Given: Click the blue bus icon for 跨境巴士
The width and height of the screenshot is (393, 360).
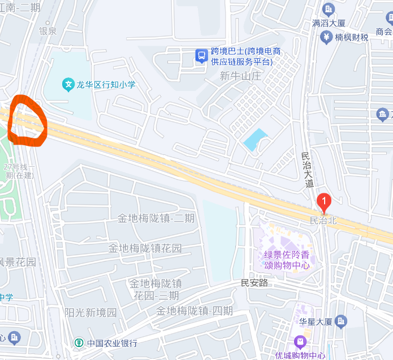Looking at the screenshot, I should (201, 55).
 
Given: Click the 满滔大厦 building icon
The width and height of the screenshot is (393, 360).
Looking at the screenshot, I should (329, 9).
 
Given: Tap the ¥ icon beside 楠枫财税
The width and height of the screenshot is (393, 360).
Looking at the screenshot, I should (326, 37).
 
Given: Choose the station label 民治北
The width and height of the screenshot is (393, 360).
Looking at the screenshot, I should (323, 220).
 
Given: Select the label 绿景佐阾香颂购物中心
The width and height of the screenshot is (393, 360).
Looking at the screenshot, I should (287, 259).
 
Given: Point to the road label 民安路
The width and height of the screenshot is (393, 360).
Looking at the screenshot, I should (254, 283).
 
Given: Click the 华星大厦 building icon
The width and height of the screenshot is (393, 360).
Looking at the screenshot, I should (341, 322).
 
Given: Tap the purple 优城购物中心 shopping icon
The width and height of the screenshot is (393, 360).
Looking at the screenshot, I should (300, 341).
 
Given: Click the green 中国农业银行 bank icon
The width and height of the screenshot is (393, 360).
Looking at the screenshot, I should (80, 342).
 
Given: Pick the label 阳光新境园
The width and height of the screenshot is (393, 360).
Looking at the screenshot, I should (90, 312).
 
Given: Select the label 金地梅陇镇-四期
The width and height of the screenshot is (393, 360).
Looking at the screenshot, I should (194, 311).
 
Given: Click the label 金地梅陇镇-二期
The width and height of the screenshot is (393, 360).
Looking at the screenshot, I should (156, 218).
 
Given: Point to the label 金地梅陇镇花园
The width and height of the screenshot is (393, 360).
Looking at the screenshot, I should (145, 248).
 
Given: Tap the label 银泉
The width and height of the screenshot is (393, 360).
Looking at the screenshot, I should (47, 31).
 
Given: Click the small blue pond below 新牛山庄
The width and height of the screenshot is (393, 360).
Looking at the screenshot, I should (256, 139).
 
